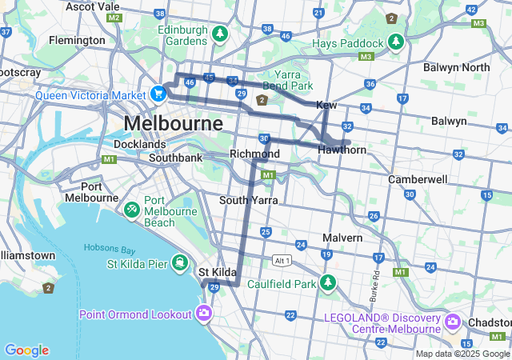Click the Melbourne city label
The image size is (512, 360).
(x=173, y=124)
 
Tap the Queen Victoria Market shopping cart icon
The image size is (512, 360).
(x=158, y=94)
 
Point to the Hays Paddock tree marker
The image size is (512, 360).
(x=394, y=41)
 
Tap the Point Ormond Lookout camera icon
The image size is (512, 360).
(x=205, y=313)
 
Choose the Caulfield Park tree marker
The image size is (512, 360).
(x=326, y=282)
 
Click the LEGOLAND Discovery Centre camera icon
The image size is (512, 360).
(x=453, y=322)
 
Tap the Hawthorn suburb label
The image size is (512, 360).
(x=342, y=150)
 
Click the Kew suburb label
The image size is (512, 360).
(x=326, y=106)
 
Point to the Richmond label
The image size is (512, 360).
(x=254, y=154)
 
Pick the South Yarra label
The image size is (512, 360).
(x=249, y=200)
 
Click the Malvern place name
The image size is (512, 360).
(x=342, y=238)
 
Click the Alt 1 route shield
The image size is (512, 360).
(x=282, y=261)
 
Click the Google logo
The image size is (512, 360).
(x=26, y=350)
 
